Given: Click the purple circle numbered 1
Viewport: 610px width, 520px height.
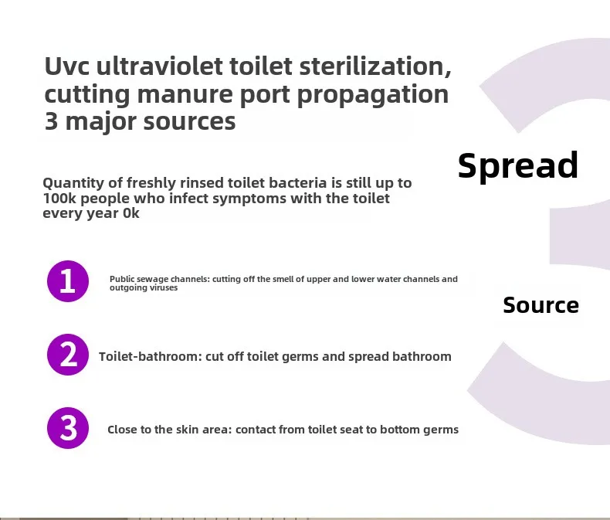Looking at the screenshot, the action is coord(68,281).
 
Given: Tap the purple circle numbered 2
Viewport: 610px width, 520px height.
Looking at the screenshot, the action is coord(68,355).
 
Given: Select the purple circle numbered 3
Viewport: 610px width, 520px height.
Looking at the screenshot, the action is coord(68,428).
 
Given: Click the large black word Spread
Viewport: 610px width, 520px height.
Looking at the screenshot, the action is coord(518,166).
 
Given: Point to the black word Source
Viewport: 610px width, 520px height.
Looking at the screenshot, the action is coord(541,304).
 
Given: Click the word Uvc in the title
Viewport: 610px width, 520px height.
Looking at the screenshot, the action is coord(67,66).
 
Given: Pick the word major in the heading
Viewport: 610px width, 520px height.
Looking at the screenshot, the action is coord(100,122).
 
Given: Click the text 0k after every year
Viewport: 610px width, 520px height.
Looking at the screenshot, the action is coord(131,213).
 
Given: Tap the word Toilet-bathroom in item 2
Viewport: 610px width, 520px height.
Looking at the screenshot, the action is coord(151,356).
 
